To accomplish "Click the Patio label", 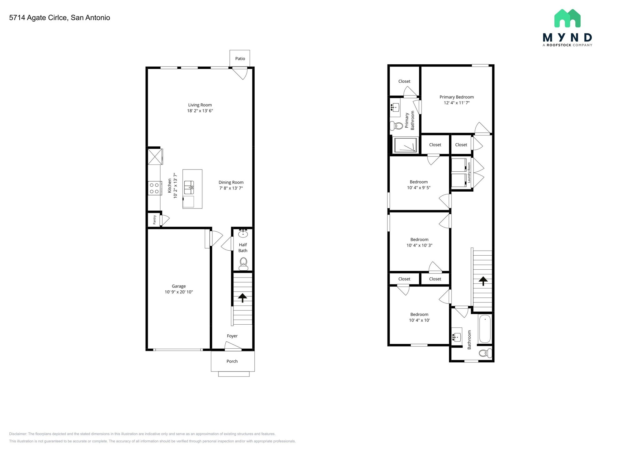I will (240, 59).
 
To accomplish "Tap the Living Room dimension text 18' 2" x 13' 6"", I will (200, 111).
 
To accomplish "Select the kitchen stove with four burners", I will (155, 188).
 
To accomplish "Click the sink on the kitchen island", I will (189, 187).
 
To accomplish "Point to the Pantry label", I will (154, 220).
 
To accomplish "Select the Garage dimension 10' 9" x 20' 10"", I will (179, 292).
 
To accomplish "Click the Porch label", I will (232, 361).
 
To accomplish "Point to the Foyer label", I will (232, 336).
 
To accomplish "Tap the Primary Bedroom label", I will (457, 97).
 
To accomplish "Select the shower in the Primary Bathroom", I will (406, 145).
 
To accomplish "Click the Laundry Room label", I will (469, 173).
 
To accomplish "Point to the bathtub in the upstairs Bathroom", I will (485, 329).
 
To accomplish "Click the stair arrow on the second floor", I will (483, 281).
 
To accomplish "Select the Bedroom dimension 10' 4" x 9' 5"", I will (419, 188).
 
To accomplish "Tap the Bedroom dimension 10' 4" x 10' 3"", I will (419, 246).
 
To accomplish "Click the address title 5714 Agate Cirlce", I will (59, 18).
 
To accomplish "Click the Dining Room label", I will (231, 183).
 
